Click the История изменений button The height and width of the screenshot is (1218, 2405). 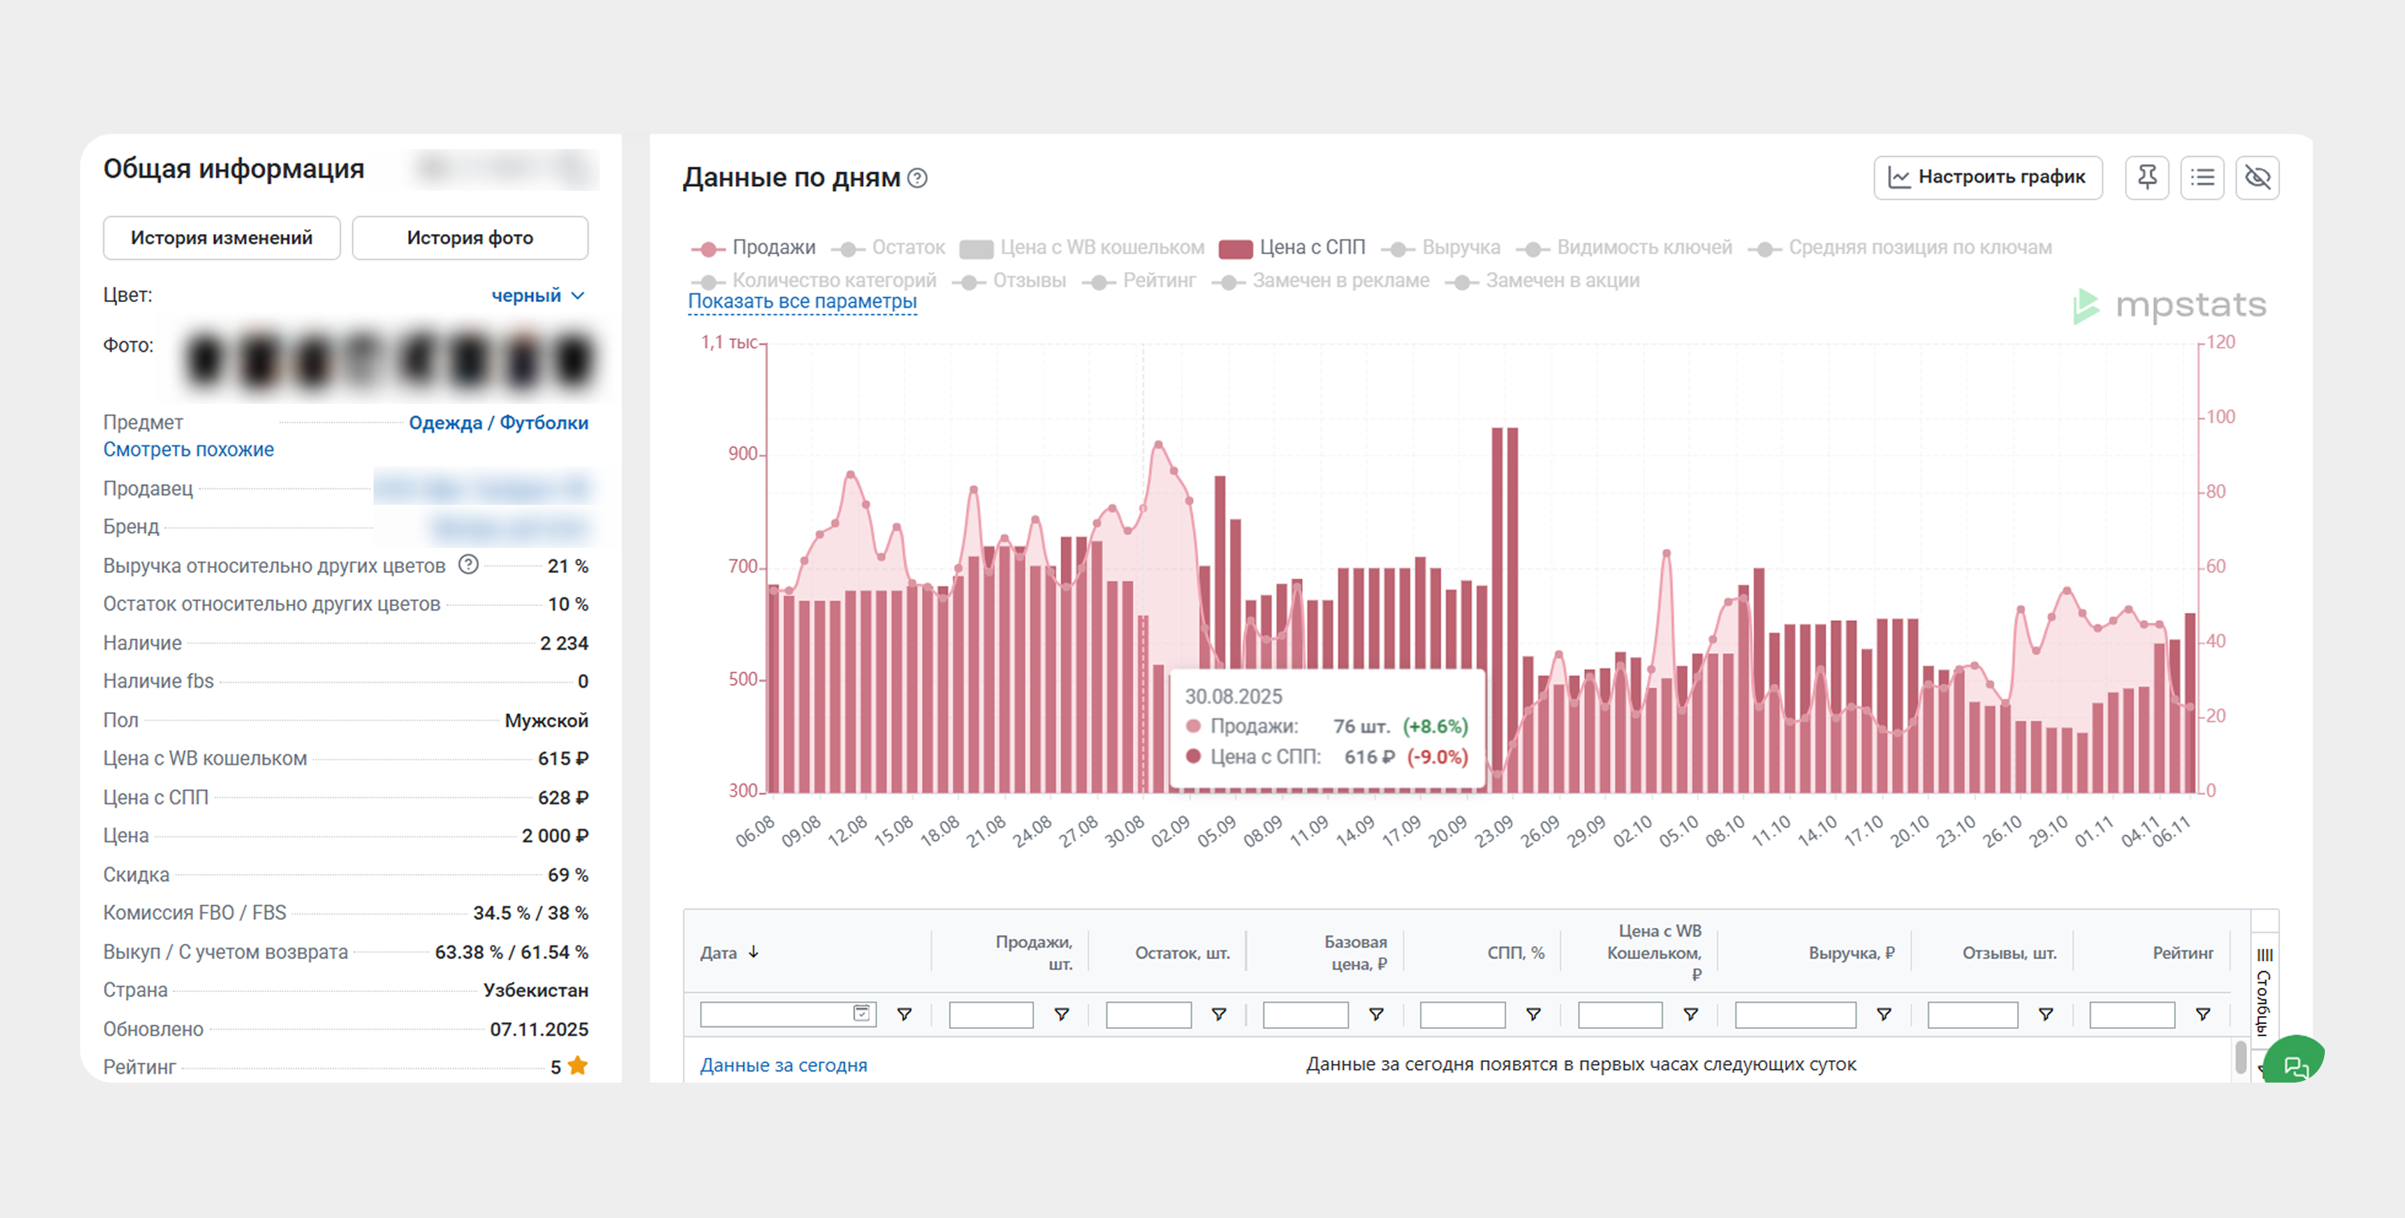(221, 238)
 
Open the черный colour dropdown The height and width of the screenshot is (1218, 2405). (538, 296)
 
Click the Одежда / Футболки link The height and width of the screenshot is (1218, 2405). (498, 423)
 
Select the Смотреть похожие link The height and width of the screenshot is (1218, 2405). (188, 450)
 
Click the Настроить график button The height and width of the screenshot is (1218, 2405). (1987, 177)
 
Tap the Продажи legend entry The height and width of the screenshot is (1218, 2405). (754, 248)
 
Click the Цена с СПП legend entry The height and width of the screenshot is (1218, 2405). (1293, 248)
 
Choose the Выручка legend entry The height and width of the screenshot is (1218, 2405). (1445, 248)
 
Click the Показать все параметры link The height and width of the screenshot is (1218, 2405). (802, 301)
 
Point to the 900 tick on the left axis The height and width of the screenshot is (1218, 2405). (742, 454)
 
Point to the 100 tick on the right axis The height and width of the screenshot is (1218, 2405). (2220, 417)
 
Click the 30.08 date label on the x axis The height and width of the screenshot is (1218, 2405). (1124, 831)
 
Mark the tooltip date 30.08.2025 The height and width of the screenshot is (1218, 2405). (1233, 696)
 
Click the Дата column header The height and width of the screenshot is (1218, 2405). (719, 953)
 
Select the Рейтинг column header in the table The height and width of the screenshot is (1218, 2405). (2182, 953)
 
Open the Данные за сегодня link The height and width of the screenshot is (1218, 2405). (783, 1065)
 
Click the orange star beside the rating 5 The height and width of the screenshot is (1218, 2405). (578, 1066)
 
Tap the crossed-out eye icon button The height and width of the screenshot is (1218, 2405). (2257, 177)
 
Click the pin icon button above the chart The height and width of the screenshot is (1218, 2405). (2146, 177)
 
